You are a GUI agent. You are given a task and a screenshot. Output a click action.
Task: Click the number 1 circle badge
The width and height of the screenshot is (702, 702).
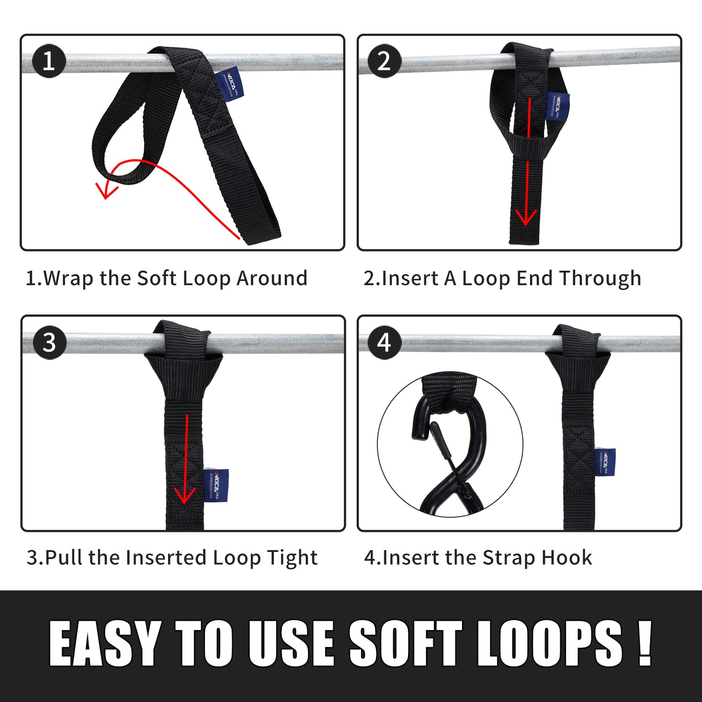coord(49,61)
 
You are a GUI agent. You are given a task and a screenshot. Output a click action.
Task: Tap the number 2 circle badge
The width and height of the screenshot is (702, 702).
coord(384,61)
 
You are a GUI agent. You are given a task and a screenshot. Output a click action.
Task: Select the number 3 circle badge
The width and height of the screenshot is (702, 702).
coord(50,342)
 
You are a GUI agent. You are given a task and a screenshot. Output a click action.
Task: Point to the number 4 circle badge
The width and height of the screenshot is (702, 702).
coord(384,342)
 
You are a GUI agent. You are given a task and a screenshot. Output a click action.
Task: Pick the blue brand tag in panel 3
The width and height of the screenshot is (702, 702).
coord(216,486)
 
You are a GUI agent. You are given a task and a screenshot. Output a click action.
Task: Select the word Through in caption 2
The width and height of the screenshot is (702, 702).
coord(600,279)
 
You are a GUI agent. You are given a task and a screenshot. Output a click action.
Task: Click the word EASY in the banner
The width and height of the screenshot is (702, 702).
coord(105,644)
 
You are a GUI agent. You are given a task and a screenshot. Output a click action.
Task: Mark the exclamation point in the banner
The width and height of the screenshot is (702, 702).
coord(644,644)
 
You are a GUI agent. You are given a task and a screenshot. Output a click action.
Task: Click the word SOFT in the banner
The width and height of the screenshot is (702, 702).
coord(405,644)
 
